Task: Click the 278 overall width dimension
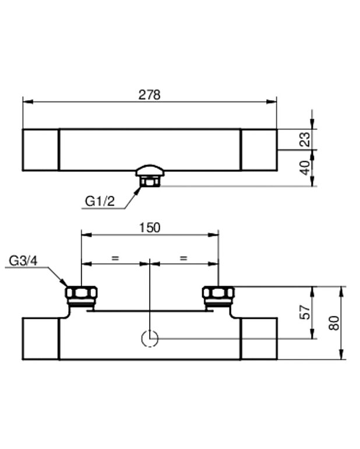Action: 150,95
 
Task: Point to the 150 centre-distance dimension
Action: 150,227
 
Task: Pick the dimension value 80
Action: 334,322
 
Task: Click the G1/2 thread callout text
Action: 100,201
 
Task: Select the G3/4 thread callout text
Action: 23,261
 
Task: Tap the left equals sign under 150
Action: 115,257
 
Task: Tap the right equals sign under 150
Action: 183,257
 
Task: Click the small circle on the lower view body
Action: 150,338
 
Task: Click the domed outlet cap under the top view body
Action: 150,170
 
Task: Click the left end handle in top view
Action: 41,150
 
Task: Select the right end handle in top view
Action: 259,150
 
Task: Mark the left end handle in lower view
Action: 41,339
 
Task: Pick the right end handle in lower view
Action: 259,339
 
